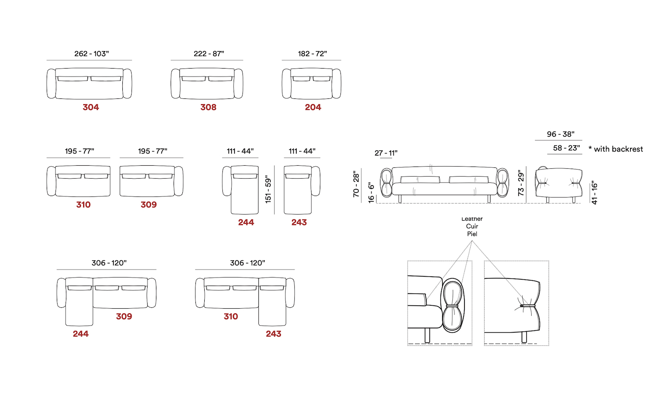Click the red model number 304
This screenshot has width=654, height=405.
[90, 107]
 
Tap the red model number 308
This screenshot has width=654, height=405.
[208, 107]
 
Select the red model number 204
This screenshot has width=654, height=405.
[313, 107]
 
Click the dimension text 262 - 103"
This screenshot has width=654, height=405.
[91, 54]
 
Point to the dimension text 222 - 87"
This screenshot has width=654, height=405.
[209, 54]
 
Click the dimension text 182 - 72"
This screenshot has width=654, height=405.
[312, 54]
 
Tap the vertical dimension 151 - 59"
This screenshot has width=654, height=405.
[268, 189]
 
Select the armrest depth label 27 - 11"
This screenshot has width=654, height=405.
[386, 153]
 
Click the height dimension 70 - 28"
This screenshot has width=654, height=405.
[356, 184]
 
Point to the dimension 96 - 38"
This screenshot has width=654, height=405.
[561, 134]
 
